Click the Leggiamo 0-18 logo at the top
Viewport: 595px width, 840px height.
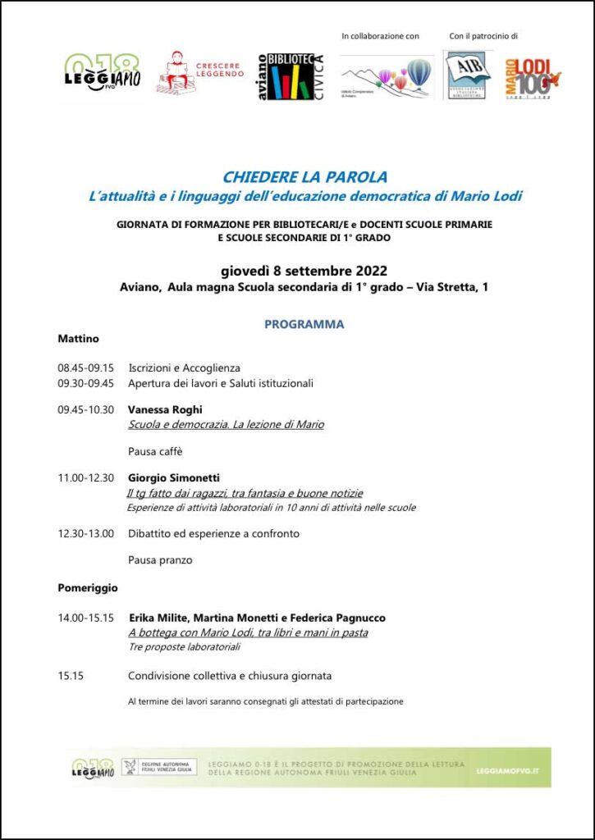tap(103, 74)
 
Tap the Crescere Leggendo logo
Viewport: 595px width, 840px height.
tap(200, 72)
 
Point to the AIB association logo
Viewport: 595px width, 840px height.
tap(468, 75)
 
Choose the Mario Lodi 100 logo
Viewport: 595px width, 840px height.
tap(532, 77)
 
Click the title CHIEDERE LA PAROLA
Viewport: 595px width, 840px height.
tap(304, 177)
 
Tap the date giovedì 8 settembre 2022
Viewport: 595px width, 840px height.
tap(304, 272)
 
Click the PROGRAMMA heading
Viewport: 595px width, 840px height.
tap(304, 324)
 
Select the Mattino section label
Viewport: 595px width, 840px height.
tap(78, 338)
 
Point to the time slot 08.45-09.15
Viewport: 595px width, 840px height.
tap(85, 368)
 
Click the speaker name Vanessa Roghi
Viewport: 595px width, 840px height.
tap(165, 409)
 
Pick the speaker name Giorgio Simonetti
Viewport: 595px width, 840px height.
tap(174, 478)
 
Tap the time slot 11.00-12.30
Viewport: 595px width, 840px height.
tap(85, 478)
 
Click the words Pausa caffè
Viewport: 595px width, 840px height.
tap(155, 451)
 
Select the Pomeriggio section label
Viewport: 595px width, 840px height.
tap(88, 587)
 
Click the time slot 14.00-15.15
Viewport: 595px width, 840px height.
tap(85, 618)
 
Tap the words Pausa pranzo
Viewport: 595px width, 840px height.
tap(160, 560)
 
